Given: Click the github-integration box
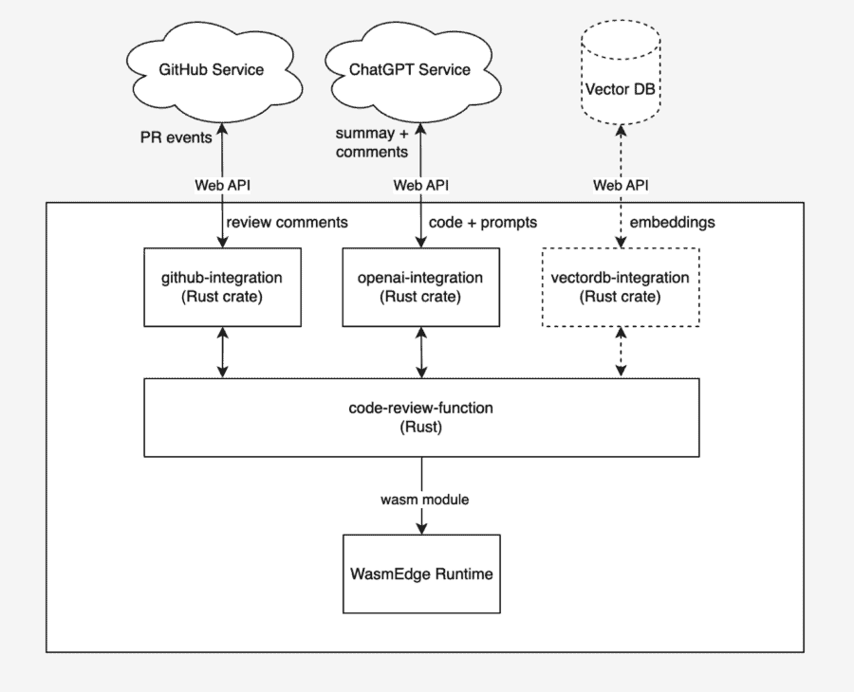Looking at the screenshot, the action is click(x=222, y=287).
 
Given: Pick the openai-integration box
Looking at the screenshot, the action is click(x=420, y=287).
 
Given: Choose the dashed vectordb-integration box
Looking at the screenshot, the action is click(x=621, y=287).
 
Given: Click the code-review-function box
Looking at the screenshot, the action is click(x=421, y=417).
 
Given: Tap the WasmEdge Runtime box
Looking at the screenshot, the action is click(x=421, y=574).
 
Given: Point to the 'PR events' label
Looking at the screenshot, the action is click(x=176, y=137).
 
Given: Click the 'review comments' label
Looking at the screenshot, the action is click(x=287, y=222).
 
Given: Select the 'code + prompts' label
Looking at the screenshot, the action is click(x=483, y=222).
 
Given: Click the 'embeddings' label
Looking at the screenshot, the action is click(x=672, y=222).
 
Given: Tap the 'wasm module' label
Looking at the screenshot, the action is click(x=424, y=500).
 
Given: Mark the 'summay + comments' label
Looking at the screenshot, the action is click(x=372, y=142).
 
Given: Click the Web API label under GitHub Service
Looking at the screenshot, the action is click(x=222, y=185).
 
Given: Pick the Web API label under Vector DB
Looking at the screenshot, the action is click(x=621, y=185).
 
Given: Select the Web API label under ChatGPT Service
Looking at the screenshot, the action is click(x=420, y=185).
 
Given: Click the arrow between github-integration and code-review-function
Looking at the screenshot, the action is click(x=222, y=353).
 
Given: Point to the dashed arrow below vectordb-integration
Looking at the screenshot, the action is click(x=621, y=353).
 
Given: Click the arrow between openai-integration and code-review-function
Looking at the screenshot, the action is click(x=421, y=353).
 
